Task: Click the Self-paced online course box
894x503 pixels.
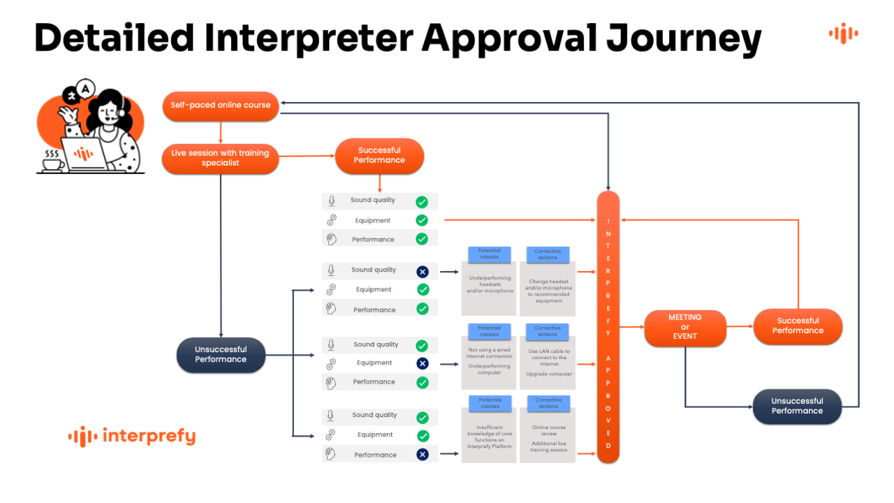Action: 221,105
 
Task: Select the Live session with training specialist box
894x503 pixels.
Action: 220,159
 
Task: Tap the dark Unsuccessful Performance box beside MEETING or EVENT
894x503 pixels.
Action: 797,406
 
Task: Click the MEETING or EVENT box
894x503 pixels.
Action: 684,327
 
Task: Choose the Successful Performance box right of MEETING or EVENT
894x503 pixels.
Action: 798,326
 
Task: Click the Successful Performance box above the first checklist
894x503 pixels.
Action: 379,155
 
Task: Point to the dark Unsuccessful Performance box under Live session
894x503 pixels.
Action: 221,355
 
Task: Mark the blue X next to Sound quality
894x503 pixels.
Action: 422,270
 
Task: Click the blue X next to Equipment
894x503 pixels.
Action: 422,363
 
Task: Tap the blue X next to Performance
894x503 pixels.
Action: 422,455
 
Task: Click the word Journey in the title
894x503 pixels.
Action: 684,38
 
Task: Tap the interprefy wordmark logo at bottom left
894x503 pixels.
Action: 132,437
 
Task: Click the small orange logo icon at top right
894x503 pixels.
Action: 843,33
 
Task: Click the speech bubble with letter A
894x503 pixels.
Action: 85,89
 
